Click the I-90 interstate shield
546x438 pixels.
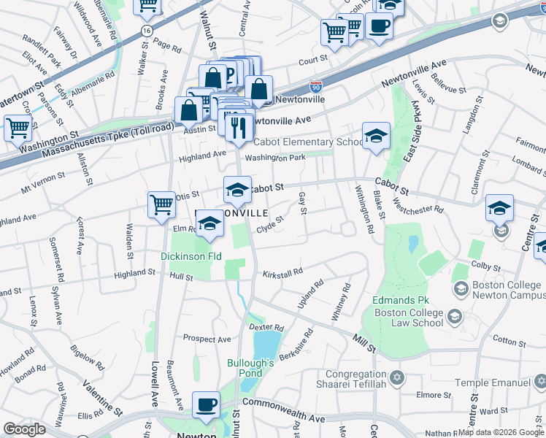[x=315, y=86]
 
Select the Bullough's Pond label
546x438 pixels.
[x=250, y=369]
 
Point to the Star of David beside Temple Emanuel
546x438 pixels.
[x=540, y=381]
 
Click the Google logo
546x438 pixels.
[x=24, y=429]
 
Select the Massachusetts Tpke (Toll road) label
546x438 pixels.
[x=108, y=140]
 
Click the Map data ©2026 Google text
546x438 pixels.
[x=500, y=432]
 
